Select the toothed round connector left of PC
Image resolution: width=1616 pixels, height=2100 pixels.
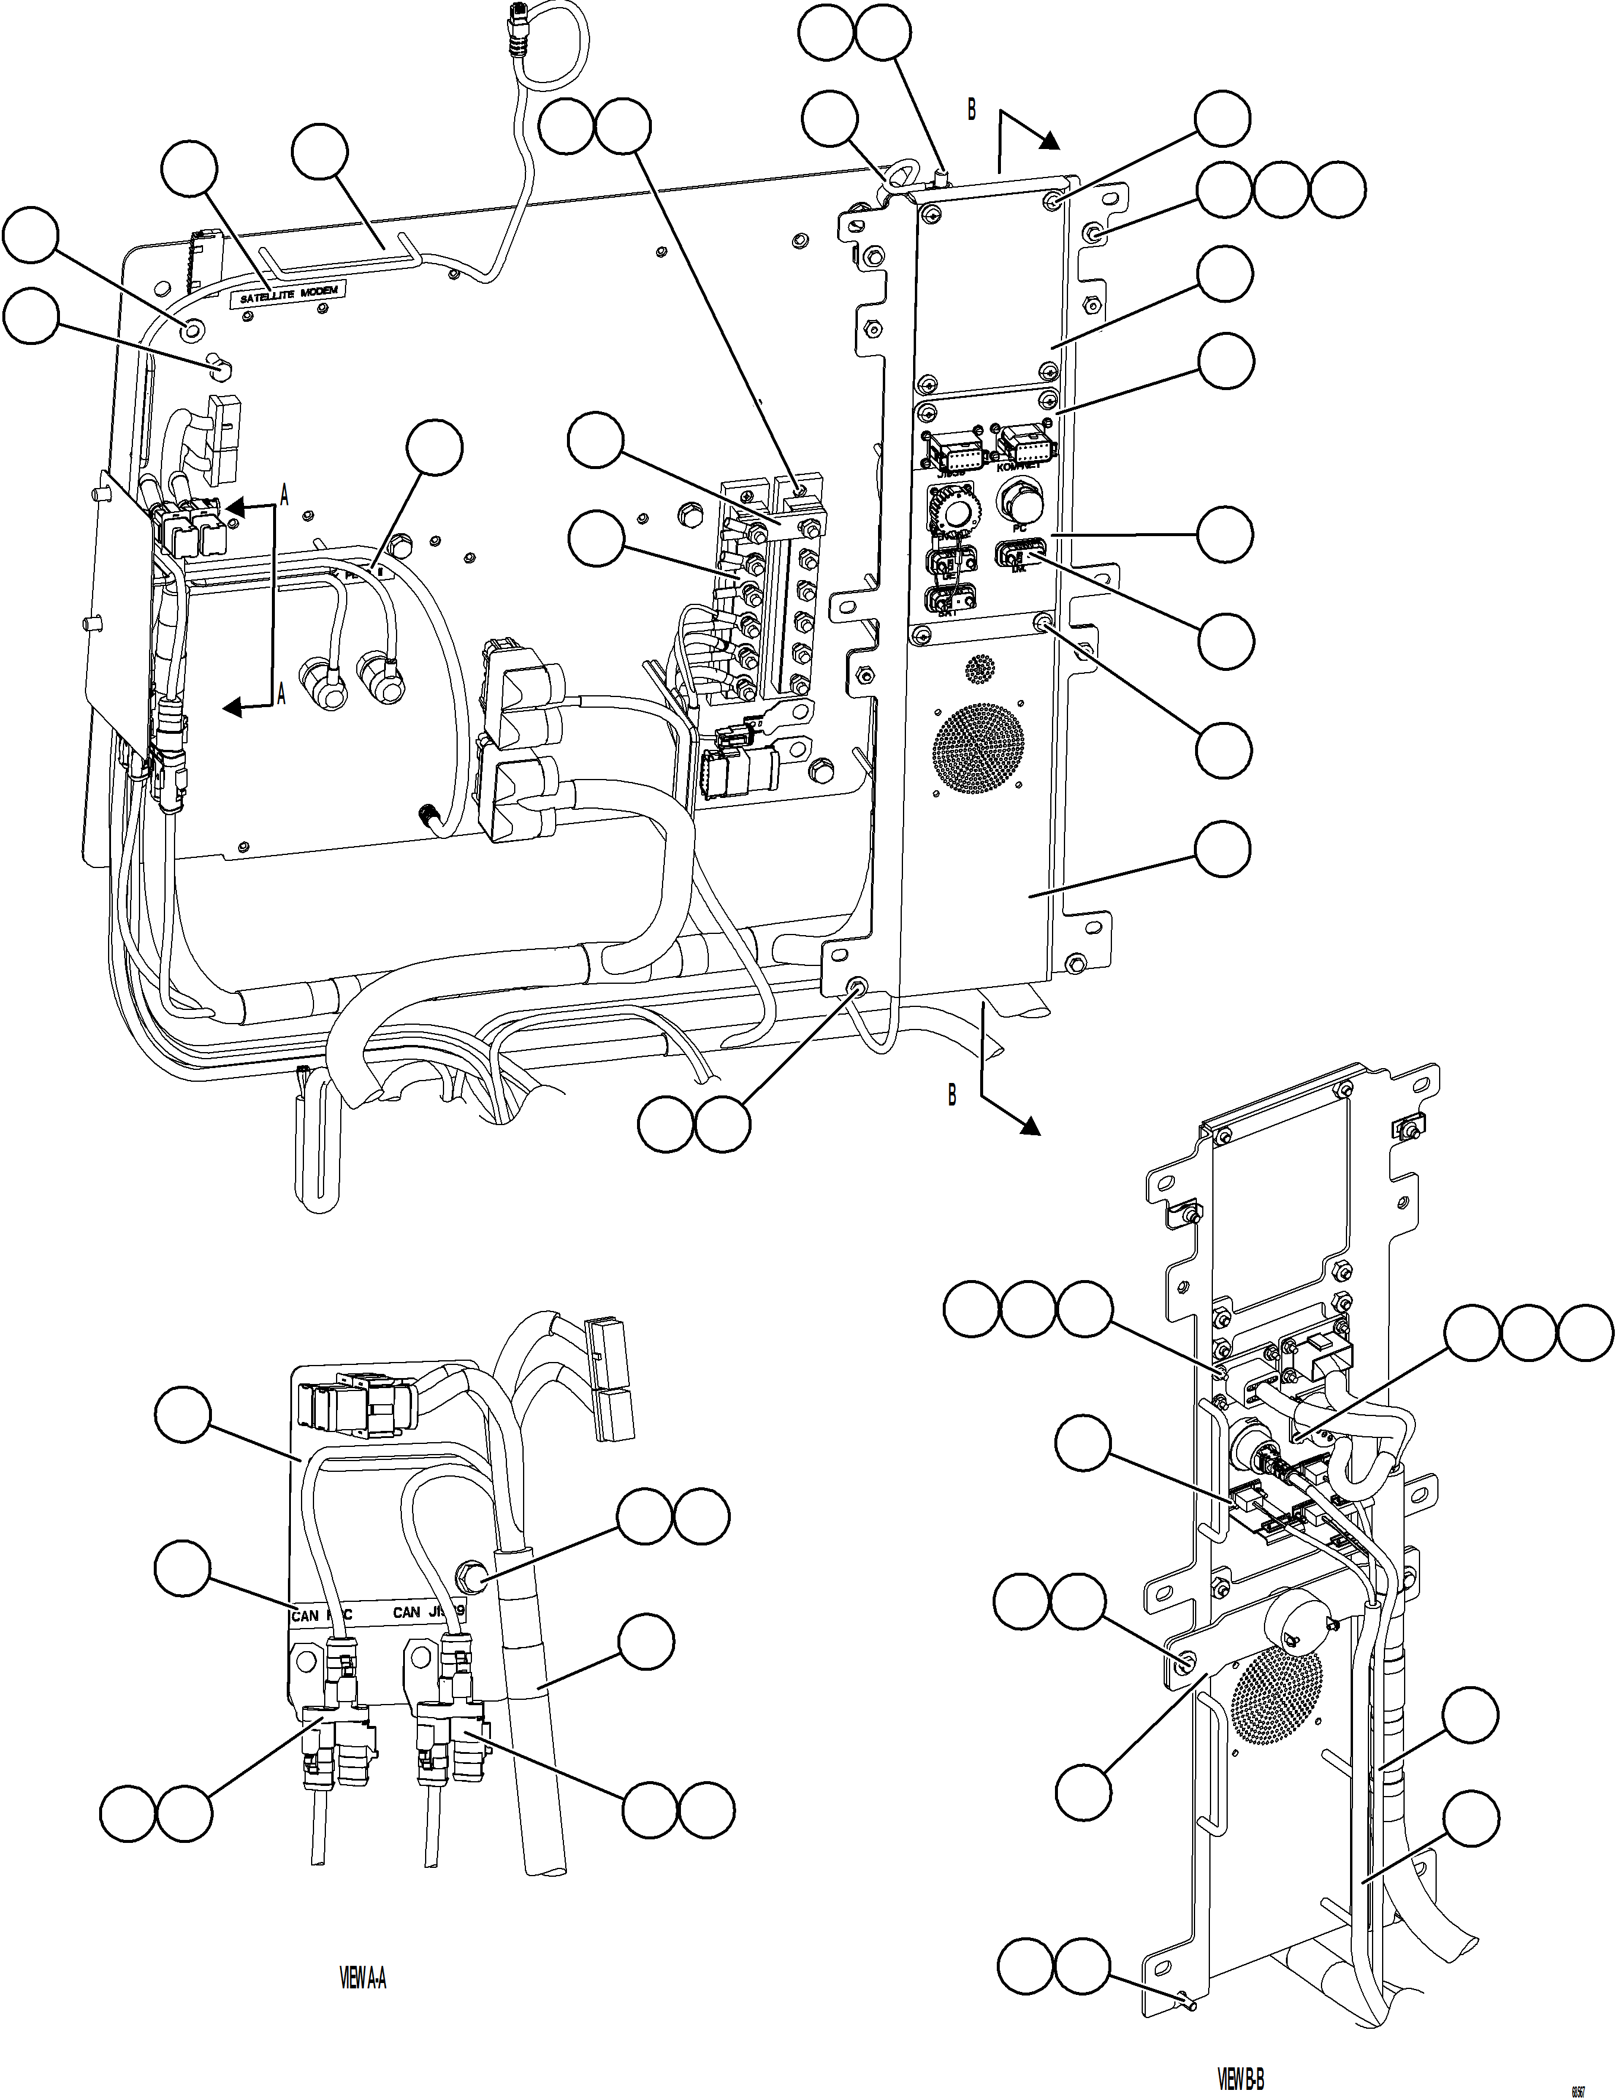tap(950, 511)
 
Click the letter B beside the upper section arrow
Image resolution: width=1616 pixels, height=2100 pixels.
tap(971, 112)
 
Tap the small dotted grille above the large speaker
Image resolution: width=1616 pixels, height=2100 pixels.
tap(978, 669)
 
